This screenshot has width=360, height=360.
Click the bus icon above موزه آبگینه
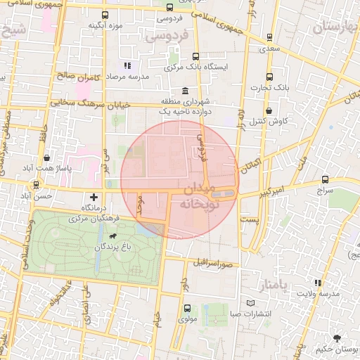pos(105,15)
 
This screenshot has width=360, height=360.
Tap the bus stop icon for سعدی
pos(268,38)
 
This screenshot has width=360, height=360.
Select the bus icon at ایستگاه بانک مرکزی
pos(195,56)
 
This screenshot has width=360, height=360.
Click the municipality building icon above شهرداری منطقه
pos(185,91)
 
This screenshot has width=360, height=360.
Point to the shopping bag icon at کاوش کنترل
pos(269,110)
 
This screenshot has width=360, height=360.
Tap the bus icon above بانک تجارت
pos(269,77)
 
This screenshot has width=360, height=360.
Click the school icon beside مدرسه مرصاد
pos(127,66)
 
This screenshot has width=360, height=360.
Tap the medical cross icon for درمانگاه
pos(94,196)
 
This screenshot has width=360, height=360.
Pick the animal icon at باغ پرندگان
pos(114,236)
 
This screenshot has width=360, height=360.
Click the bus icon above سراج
pos(324,179)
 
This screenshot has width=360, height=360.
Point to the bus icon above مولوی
pos(187,308)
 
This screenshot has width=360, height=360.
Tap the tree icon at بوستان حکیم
pos(339,337)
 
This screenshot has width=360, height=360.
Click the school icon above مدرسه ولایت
pos(319,283)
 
